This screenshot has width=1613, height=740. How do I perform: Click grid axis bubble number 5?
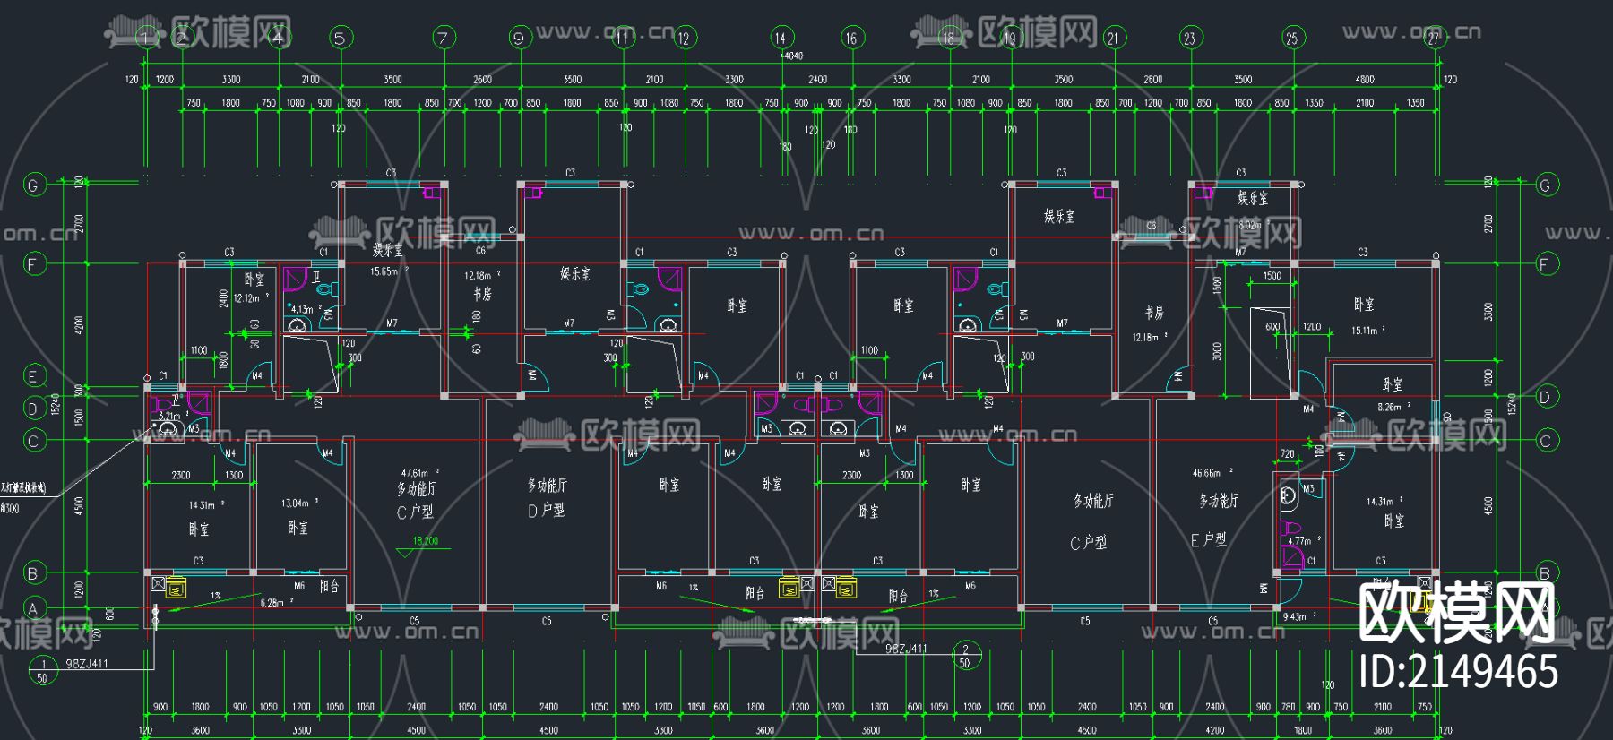[x=340, y=38]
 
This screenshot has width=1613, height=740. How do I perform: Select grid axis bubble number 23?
[x=1189, y=38]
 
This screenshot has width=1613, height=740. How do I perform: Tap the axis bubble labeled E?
[x=33, y=376]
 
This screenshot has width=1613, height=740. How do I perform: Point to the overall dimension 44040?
[x=791, y=56]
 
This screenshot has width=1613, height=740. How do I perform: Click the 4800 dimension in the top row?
[x=1364, y=80]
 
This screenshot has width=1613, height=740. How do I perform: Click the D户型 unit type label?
[x=546, y=511]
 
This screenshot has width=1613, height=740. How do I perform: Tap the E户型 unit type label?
[x=1208, y=540]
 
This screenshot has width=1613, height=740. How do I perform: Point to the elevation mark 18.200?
[x=425, y=541]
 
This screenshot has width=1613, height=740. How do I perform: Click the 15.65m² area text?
[x=387, y=271]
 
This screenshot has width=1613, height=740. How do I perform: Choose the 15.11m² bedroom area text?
[x=1366, y=331]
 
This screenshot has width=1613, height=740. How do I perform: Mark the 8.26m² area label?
[x=1391, y=407]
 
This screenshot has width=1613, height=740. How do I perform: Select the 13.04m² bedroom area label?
[x=298, y=503]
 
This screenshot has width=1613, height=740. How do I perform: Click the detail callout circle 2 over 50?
[x=965, y=656]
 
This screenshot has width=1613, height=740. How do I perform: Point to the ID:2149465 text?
[x=1458, y=671]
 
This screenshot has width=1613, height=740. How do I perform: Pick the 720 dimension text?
[x=1287, y=454]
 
